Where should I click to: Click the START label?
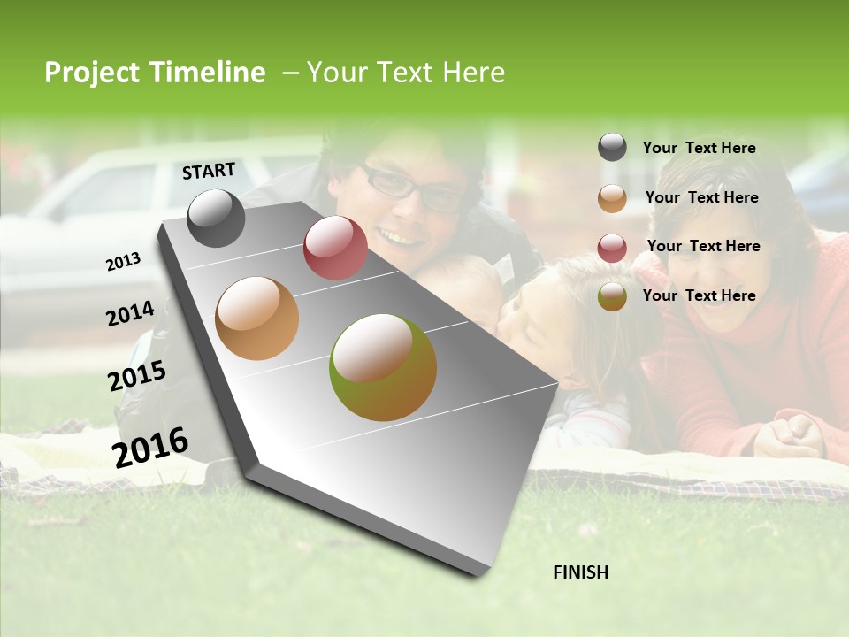[209, 171]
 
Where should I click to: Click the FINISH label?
[580, 572]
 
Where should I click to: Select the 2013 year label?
[124, 262]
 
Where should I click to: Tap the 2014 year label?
[130, 314]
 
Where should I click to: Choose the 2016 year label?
[150, 447]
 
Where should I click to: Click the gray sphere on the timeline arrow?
[217, 218]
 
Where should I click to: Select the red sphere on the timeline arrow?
[335, 248]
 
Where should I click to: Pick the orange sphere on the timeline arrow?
[257, 318]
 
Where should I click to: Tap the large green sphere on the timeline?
[383, 367]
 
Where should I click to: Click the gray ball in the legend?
[612, 148]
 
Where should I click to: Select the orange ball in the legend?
[612, 198]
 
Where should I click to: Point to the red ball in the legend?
[612, 247]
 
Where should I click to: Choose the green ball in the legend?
[612, 296]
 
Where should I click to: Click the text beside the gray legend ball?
[699, 148]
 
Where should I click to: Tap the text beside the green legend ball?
[699, 295]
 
